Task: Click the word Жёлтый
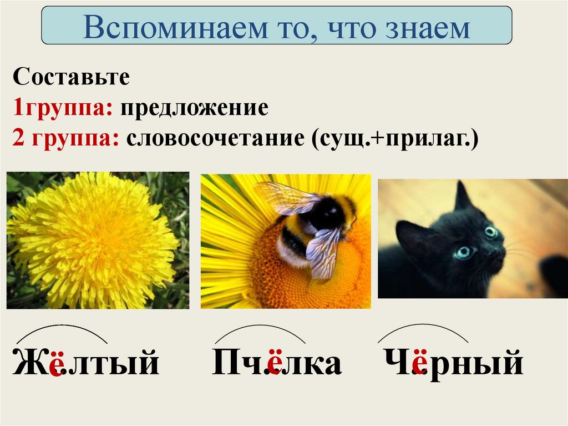coord(85,363)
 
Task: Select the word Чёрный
coord(454,363)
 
